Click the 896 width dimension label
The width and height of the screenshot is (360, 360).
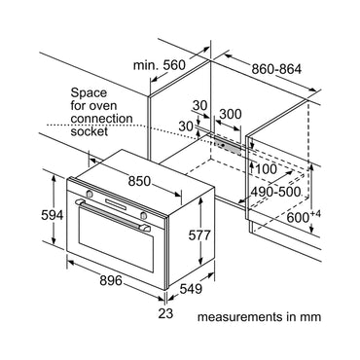click(111, 280)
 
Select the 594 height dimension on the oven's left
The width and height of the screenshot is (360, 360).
click(53, 215)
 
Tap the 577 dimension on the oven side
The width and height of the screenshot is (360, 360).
click(199, 235)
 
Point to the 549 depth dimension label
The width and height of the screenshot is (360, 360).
click(191, 289)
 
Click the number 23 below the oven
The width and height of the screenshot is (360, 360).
click(165, 313)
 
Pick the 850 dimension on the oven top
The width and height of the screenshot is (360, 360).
click(139, 181)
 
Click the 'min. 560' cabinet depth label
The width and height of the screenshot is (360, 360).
click(160, 65)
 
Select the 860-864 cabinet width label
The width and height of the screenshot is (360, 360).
click(276, 69)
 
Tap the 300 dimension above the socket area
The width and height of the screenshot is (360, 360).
click(231, 114)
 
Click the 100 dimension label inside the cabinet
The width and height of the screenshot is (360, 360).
click(267, 169)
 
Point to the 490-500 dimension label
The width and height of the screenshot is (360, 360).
click(276, 192)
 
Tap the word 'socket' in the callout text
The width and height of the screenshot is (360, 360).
click(90, 131)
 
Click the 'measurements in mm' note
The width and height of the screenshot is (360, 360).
click(259, 316)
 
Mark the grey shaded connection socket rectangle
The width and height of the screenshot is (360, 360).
click(228, 146)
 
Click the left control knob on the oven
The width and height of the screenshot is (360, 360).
click(90, 194)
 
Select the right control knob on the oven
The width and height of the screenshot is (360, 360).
click(143, 215)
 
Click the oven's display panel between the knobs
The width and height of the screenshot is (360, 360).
click(116, 205)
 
